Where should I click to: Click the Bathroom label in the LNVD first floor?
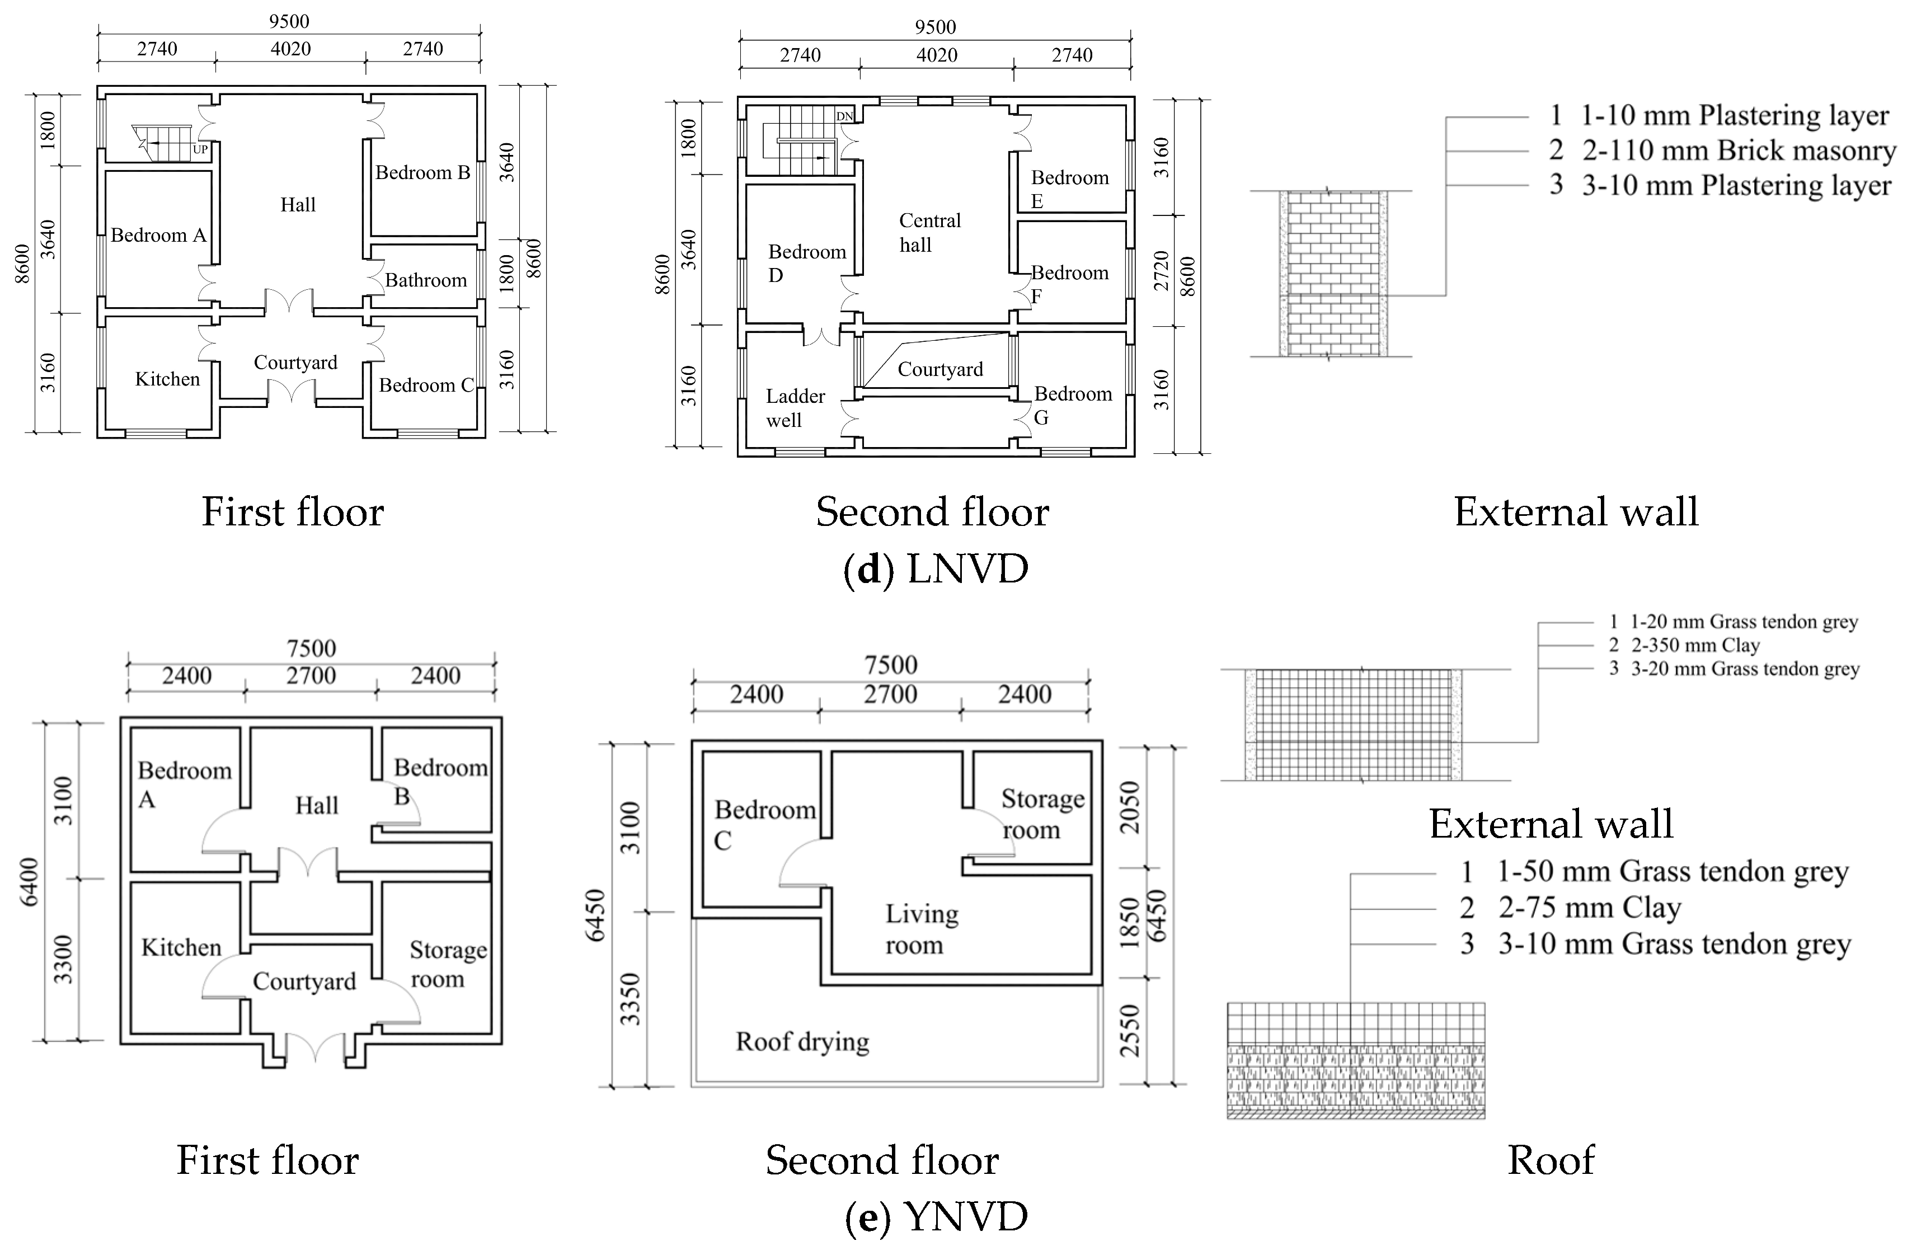426,280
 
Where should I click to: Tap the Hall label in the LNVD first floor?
298,205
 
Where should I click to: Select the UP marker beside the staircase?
200,149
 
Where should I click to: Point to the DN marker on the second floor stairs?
844,116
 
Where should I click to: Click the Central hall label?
929,233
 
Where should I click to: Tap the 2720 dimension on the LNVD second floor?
1162,271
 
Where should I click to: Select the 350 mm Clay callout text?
1694,645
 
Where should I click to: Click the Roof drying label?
802,1042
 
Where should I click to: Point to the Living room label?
922,929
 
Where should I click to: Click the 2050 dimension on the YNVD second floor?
1130,807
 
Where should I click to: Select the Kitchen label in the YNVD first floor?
181,947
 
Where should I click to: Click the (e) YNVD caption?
936,1218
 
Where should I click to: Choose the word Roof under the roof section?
1551,1160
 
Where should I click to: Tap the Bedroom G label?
1073,406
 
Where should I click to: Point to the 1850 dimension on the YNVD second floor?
1130,923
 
